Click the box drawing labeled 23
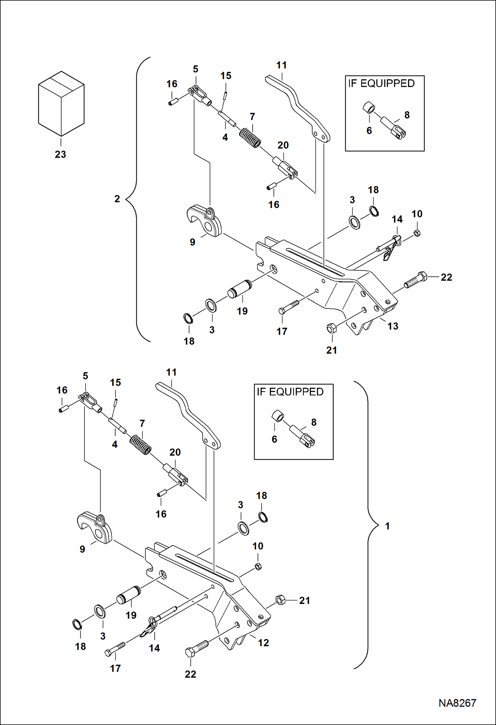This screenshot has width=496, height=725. (x=61, y=103)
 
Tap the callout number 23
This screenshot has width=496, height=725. (x=60, y=154)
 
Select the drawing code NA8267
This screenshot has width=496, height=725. (x=457, y=703)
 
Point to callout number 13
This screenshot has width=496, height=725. (x=393, y=326)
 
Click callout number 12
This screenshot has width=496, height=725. (x=263, y=643)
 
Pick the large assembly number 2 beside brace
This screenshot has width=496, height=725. (x=117, y=199)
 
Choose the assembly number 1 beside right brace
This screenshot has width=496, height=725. (x=387, y=526)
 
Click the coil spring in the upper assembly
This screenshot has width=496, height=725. (x=250, y=138)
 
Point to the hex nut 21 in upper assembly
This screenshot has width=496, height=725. (x=331, y=328)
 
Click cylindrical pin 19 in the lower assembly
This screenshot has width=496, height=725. (x=128, y=594)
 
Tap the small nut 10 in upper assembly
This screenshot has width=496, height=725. (x=417, y=233)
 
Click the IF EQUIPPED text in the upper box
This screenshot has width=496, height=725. (x=381, y=83)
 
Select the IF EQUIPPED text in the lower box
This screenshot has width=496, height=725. (x=290, y=392)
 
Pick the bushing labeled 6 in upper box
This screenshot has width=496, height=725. (x=369, y=107)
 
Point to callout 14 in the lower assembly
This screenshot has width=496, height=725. (x=154, y=648)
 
